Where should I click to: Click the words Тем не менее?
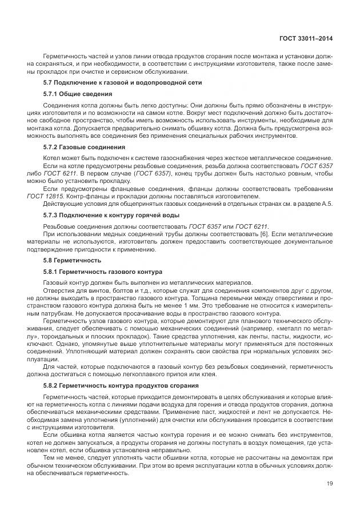pos(60,459)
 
